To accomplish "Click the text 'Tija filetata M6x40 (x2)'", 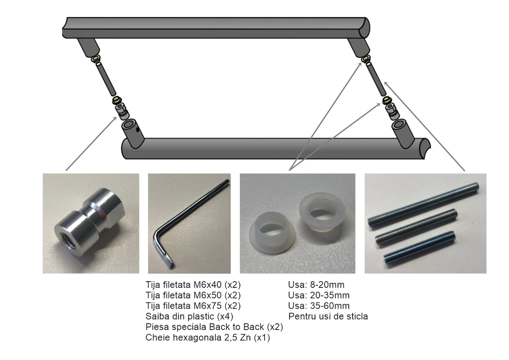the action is coord(193,285).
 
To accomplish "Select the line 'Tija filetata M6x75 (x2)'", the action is coord(193,306).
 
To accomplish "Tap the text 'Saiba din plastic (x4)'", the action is coord(189,316).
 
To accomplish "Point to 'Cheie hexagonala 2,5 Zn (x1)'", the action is coord(208,338).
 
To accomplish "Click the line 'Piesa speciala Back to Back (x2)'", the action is coord(214,327).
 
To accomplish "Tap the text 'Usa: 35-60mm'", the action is coord(319,306).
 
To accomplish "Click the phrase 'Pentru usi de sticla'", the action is coord(328,316).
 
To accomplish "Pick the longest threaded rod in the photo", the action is coord(423,205).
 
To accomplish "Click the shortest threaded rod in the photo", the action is coord(420,249).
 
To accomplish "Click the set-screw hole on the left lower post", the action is coord(137,130).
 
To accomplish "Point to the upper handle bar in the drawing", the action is coord(216,28).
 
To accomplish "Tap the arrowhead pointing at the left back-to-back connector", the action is coord(115,118).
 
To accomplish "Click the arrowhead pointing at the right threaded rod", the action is coord(386,84).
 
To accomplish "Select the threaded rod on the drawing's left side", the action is coord(106,79).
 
